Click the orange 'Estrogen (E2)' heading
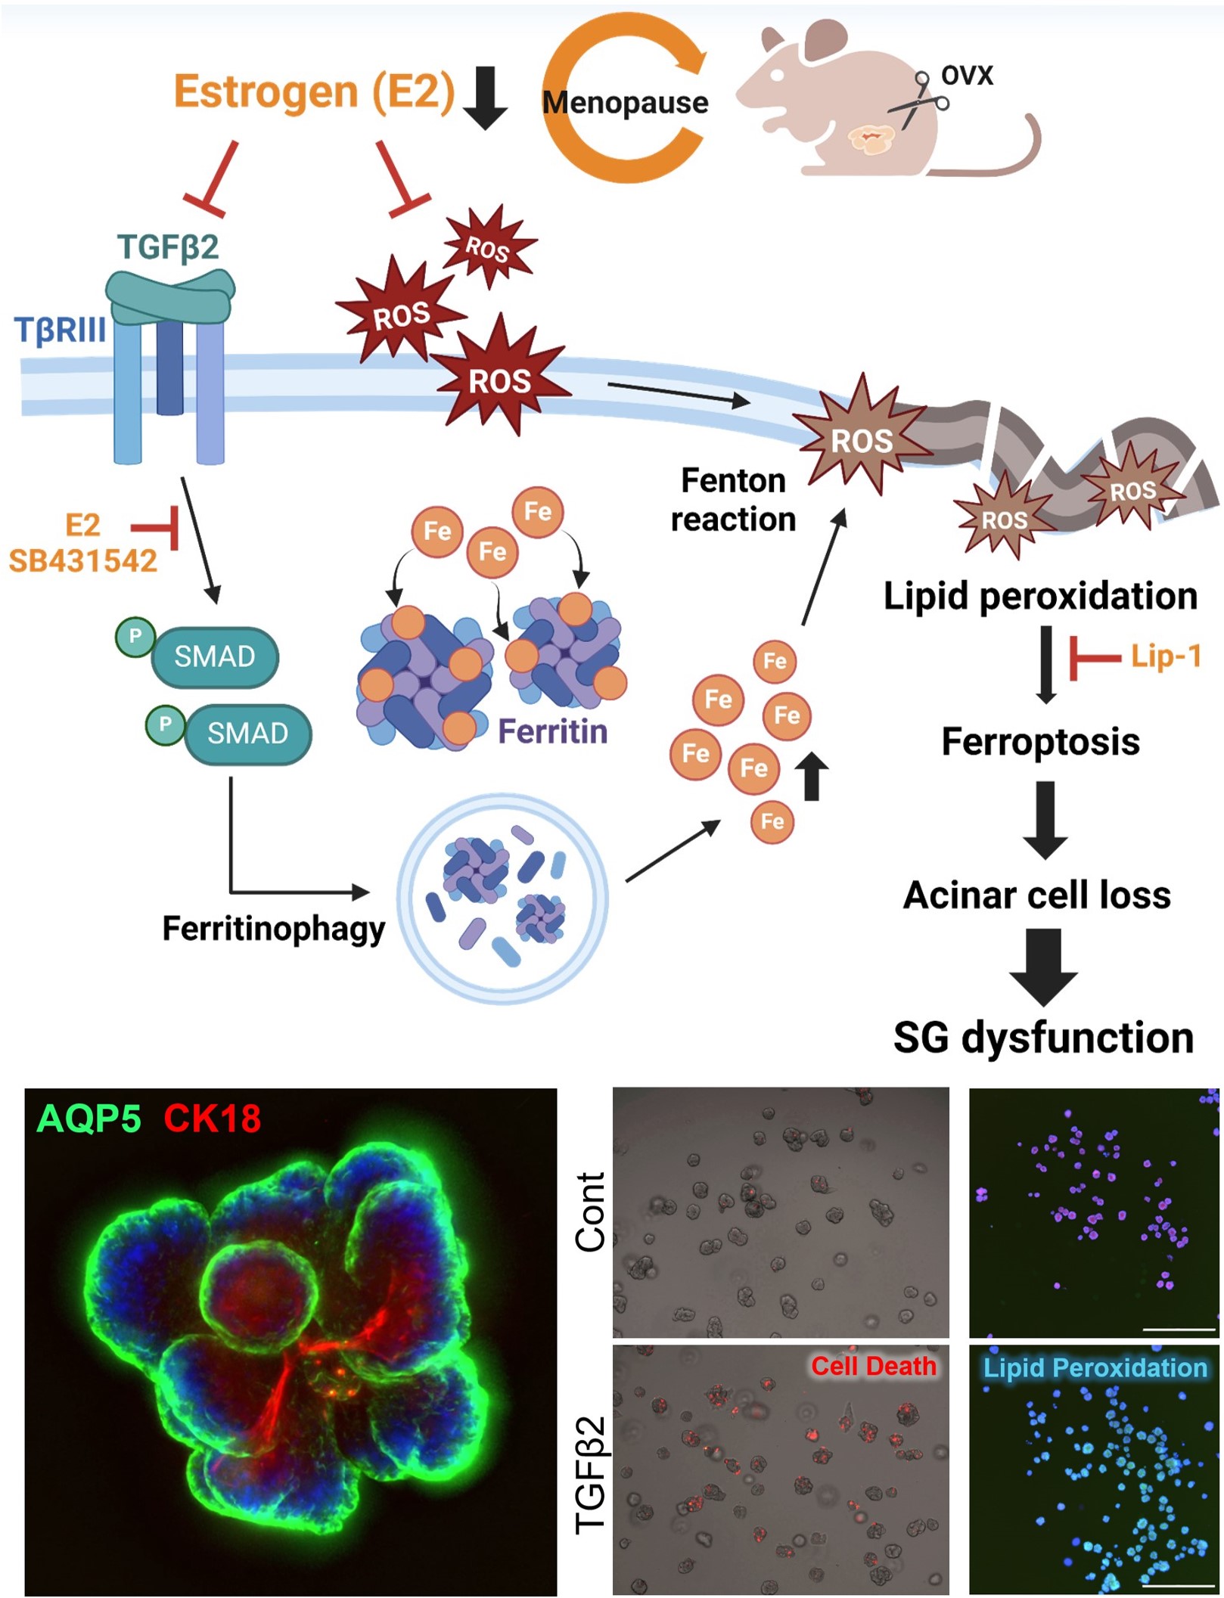click(314, 92)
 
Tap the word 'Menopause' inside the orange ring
click(626, 102)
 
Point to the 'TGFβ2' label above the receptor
click(168, 247)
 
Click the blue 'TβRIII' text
click(61, 330)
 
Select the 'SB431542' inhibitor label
click(83, 561)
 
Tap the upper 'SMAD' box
click(215, 656)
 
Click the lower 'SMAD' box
click(247, 734)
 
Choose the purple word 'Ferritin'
click(552, 732)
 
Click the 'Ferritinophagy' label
click(273, 929)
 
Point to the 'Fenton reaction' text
click(733, 500)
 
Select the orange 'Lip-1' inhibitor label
click(1166, 656)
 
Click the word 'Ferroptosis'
click(1040, 742)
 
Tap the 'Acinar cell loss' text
click(1037, 895)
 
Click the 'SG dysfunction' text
click(1043, 1038)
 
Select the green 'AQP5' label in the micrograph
click(89, 1119)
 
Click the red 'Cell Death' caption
click(873, 1367)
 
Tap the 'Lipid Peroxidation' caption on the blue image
click(1095, 1368)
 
